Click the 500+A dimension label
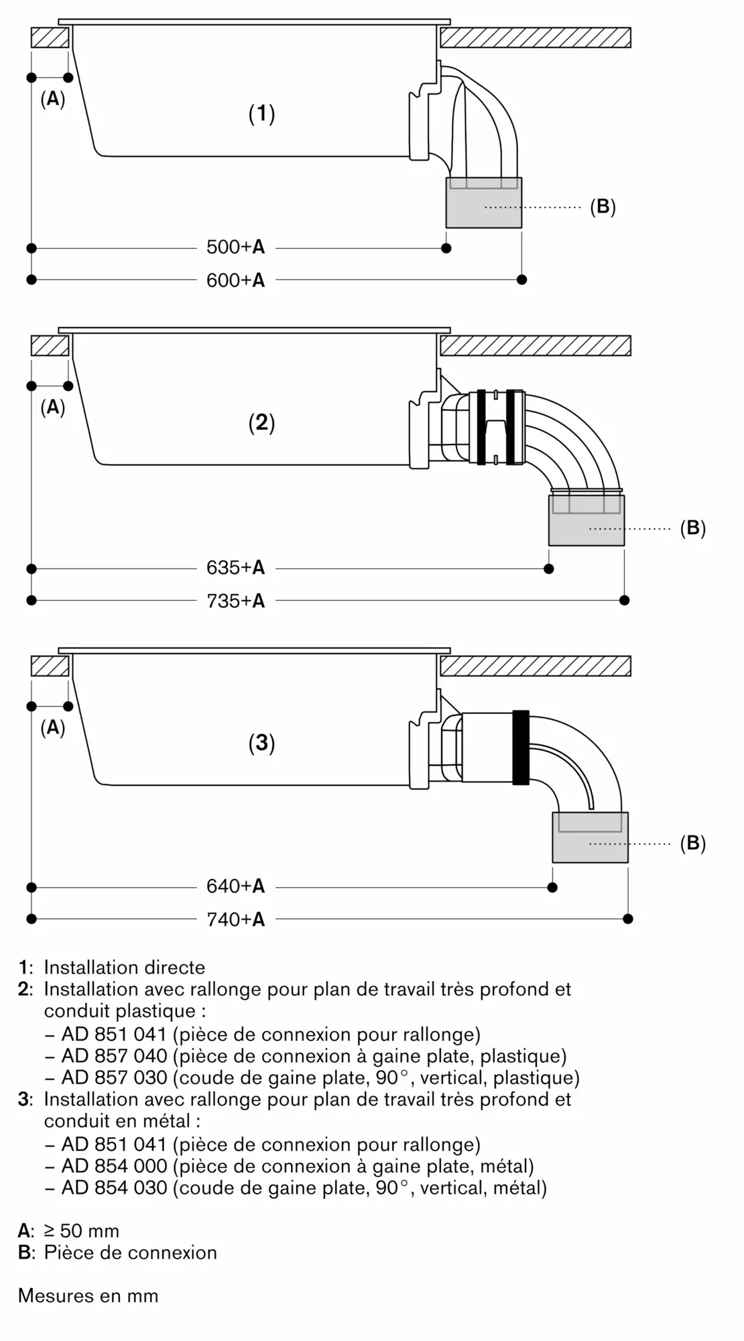[x=235, y=247]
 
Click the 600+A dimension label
[x=235, y=280]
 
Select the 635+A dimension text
[x=235, y=568]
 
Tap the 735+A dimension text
[x=235, y=600]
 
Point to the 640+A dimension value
[x=235, y=886]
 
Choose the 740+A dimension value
[x=235, y=919]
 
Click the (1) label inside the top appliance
[x=261, y=113]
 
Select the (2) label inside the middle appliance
[x=261, y=422]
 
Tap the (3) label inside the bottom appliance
[x=261, y=742]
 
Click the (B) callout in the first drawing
[x=603, y=207]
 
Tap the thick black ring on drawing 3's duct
[x=521, y=748]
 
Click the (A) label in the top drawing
[x=53, y=99]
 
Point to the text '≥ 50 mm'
[x=81, y=1231]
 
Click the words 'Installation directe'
[x=125, y=968]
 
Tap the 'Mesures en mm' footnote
[x=88, y=1295]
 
